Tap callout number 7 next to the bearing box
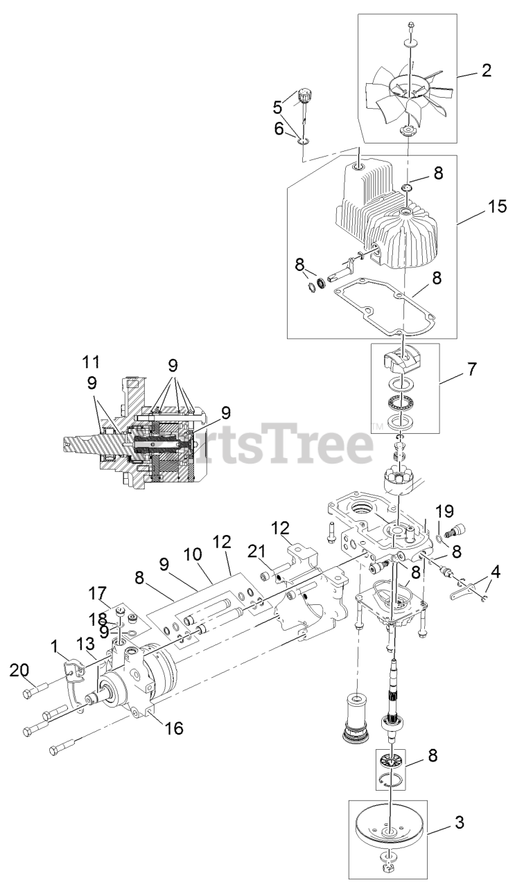point(471,369)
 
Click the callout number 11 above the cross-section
point(91,361)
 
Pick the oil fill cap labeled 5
point(303,98)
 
